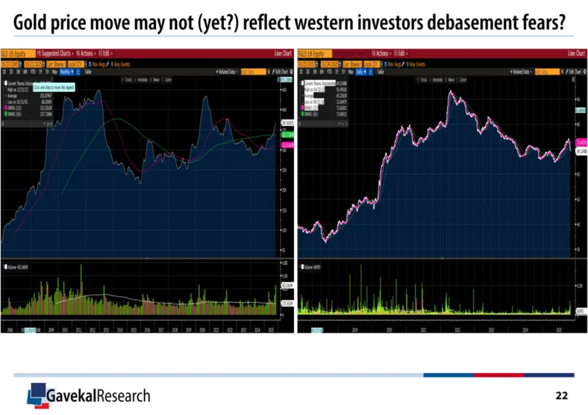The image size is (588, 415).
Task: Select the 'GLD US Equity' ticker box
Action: [16, 53]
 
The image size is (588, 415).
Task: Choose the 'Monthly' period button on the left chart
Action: [66, 71]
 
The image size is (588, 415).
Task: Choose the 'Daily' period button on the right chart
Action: [360, 71]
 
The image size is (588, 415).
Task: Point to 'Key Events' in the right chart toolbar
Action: [416, 64]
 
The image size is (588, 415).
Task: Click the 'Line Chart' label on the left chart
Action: [283, 53]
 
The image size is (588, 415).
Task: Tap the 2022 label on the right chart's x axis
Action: [457, 330]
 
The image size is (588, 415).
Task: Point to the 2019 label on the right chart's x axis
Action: [354, 330]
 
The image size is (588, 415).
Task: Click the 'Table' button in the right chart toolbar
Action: [380, 71]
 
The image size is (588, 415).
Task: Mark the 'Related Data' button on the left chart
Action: [227, 71]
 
